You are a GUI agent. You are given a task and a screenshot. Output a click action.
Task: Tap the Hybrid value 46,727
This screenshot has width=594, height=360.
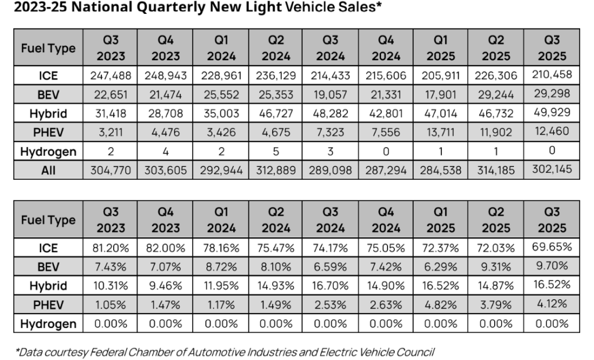[x=276, y=113]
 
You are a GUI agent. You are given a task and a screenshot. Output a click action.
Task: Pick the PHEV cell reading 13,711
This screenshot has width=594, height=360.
[x=441, y=132]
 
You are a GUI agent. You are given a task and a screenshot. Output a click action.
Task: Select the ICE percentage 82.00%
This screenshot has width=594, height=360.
[x=166, y=248]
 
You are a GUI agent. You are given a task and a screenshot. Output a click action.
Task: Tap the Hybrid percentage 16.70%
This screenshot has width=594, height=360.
[x=331, y=286]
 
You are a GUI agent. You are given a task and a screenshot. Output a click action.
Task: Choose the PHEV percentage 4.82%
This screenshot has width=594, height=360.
[x=441, y=305]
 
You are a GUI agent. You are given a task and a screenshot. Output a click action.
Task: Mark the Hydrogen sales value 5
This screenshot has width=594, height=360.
[x=276, y=151]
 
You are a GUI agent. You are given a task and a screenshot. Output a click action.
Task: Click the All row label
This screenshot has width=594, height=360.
[x=48, y=170]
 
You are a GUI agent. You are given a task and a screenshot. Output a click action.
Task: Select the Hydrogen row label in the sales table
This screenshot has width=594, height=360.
[x=48, y=151]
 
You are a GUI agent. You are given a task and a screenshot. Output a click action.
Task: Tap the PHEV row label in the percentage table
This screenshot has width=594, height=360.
[x=48, y=305]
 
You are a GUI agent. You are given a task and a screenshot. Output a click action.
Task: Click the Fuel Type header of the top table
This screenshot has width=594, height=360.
[x=48, y=48]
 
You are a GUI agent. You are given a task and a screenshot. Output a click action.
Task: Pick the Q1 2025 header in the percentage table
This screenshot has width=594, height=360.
[x=441, y=220]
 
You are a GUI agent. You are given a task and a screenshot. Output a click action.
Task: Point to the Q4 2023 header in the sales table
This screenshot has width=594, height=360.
[x=166, y=48]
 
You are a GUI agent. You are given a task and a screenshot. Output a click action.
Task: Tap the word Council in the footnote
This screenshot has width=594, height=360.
[x=415, y=352]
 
